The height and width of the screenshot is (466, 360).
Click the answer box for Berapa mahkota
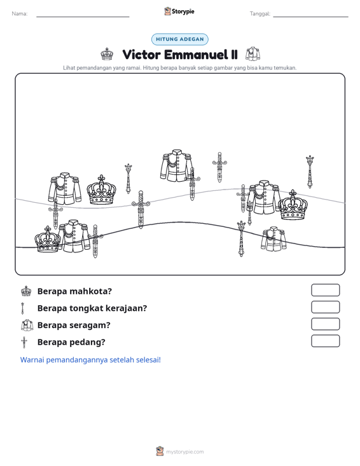(x=325, y=290)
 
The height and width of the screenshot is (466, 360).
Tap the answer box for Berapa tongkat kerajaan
(x=325, y=307)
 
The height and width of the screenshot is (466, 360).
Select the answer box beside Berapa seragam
(x=325, y=324)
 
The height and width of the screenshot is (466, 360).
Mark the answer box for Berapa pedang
(x=325, y=341)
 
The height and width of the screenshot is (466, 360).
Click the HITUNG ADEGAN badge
(x=180, y=39)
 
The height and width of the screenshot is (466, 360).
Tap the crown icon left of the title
(x=107, y=54)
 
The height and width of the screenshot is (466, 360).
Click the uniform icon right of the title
(x=253, y=54)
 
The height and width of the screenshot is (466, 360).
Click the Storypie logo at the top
(x=179, y=11)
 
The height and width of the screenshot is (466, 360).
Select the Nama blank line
(x=83, y=17)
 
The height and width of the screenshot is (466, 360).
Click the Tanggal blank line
(x=310, y=17)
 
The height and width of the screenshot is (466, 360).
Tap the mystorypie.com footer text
(x=184, y=452)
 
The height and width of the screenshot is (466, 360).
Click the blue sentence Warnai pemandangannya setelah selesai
(x=90, y=360)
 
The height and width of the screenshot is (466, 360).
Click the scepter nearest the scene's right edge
(x=310, y=172)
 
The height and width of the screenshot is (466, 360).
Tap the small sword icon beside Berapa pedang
(x=24, y=343)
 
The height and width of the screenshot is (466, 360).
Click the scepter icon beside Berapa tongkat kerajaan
(x=22, y=308)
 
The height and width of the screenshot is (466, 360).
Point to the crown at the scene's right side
(x=293, y=205)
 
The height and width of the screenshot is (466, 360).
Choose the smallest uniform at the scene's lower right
(x=273, y=239)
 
